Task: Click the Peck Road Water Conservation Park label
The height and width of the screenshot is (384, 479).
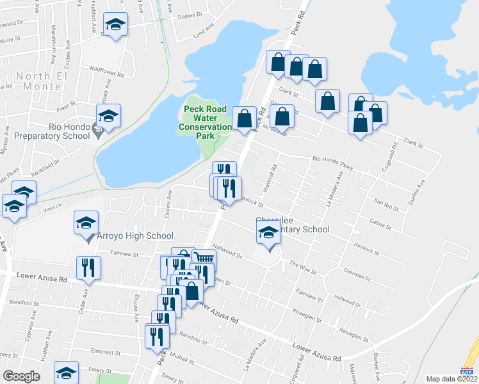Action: tap(207, 117)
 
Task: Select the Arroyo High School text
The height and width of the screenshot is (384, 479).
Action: tap(131, 236)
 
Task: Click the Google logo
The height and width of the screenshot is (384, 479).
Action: tap(21, 376)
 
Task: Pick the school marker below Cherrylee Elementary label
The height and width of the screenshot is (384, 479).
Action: tap(269, 234)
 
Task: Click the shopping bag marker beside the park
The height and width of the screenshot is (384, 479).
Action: tap(244, 119)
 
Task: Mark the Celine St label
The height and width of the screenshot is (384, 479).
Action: tap(380, 225)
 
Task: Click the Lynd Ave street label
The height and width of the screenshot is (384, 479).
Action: tap(204, 31)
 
